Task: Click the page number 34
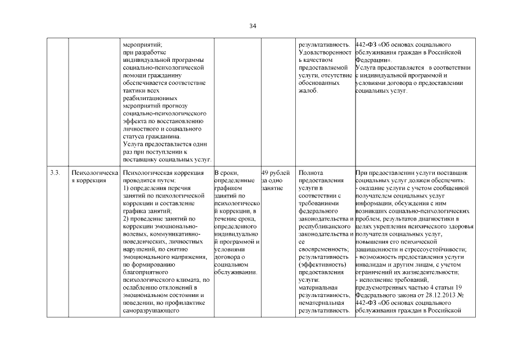(254, 25)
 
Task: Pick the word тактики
(133, 91)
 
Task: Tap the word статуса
(133, 137)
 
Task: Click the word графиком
(228, 188)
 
